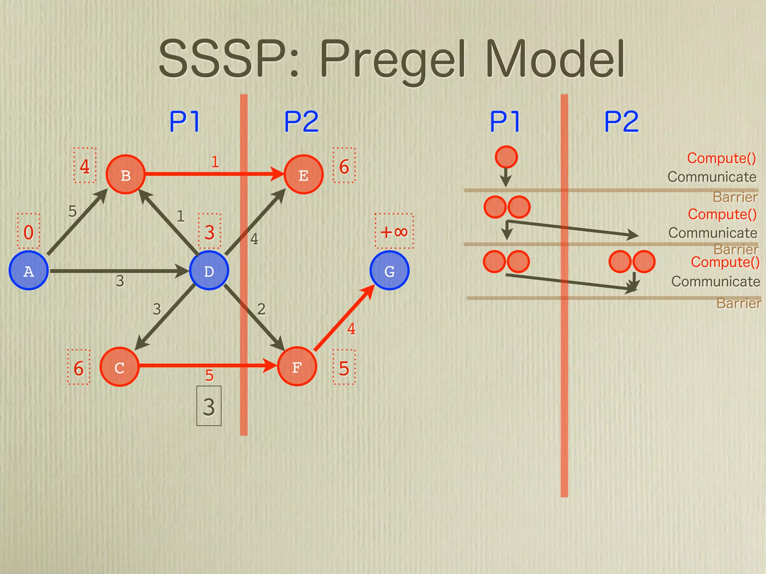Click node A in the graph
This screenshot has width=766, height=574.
pos(29,270)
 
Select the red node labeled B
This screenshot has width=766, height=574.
pos(125,175)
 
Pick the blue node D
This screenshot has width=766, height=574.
pos(209,271)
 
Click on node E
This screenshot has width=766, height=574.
pos(303,175)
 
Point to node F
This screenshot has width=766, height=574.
pos(297,367)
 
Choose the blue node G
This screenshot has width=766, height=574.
pos(389,271)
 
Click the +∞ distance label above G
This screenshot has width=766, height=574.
pos(394,231)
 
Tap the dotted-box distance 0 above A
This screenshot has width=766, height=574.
pos(28,232)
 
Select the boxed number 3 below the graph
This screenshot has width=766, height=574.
pos(209,406)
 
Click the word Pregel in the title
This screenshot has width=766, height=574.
pos(393,60)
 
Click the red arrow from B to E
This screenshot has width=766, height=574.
pos(209,174)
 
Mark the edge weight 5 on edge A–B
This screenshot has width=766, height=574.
pos(73,211)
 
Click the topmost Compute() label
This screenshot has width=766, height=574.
pos(721,158)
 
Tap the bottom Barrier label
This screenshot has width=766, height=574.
pos(738,303)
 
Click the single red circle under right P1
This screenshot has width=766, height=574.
pos(506,157)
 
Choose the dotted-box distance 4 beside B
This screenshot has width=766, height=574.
pos(85,166)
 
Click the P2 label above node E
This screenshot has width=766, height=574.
pos(301,121)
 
